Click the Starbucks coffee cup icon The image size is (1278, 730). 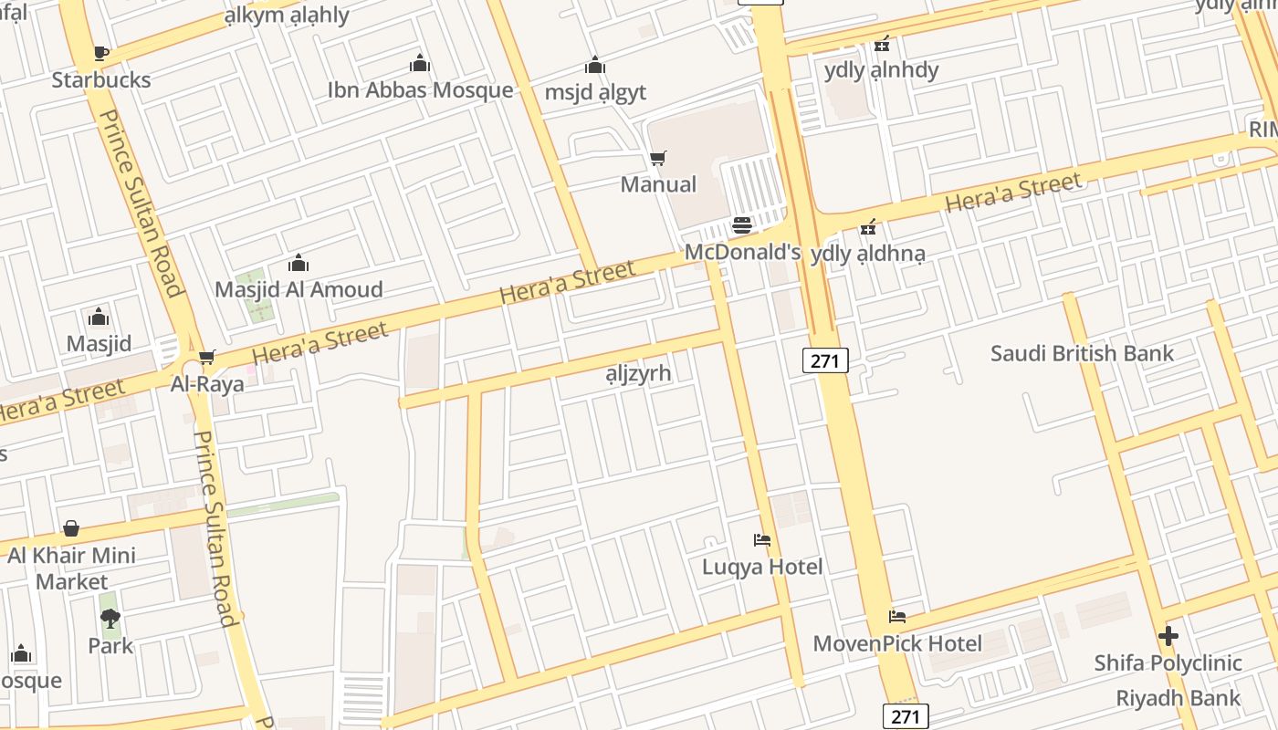100,53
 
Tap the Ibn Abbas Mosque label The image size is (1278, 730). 420,90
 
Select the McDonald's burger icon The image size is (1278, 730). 742,225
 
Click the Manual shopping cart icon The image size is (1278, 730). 657,159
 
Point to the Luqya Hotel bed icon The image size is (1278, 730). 762,540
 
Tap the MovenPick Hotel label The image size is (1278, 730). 897,643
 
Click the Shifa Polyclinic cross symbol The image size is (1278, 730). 1168,636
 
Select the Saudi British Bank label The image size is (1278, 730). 1082,353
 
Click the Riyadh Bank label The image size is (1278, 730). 1178,699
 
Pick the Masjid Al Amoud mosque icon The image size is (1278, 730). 299,265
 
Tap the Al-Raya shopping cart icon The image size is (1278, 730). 207,357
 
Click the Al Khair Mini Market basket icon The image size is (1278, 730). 71,528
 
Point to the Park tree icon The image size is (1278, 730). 110,620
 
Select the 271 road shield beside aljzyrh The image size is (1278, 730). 825,360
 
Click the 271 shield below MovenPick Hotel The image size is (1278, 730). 906,716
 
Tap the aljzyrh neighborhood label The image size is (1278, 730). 638,373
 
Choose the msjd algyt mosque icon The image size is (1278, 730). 595,66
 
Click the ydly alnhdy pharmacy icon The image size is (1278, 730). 881,44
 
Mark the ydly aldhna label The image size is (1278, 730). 867,254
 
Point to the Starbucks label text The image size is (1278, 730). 100,79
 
